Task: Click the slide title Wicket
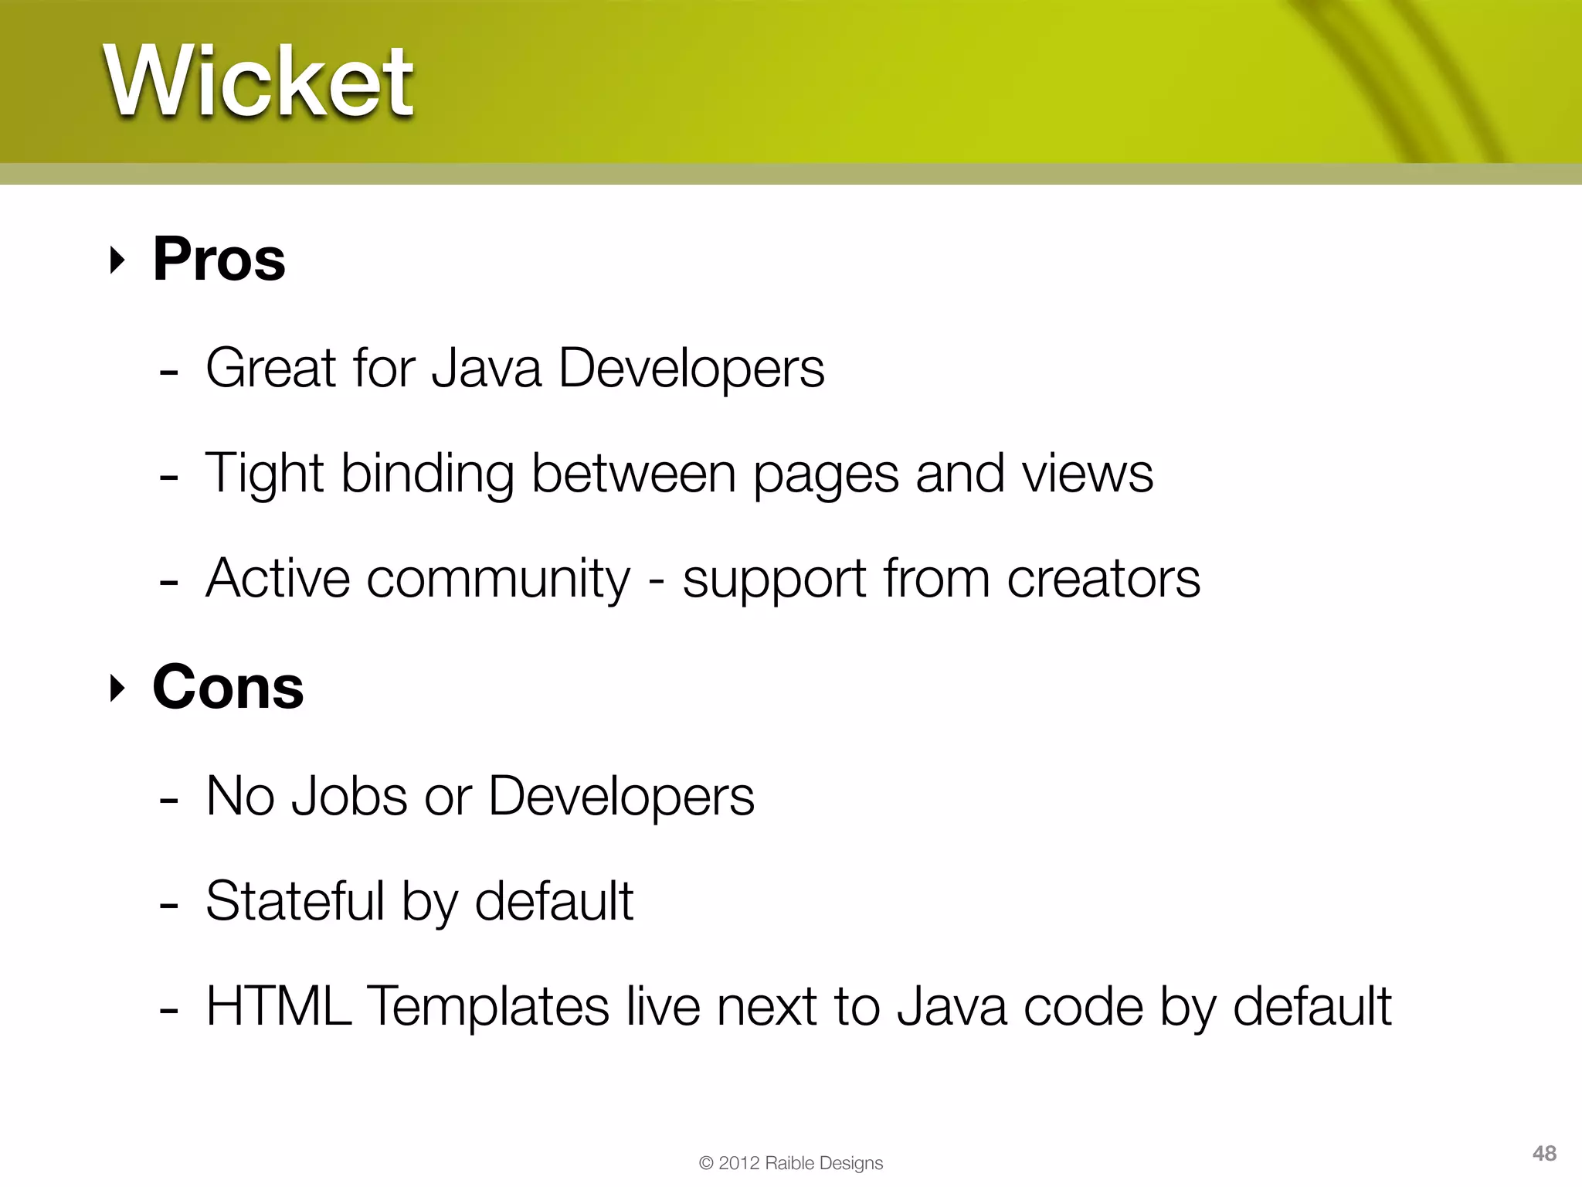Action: (x=259, y=81)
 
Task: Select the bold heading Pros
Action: (x=219, y=259)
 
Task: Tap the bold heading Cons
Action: (x=228, y=687)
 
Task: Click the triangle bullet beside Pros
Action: (x=117, y=260)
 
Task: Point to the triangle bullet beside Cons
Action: (x=117, y=688)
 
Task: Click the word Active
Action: (x=277, y=579)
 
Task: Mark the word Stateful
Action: (x=294, y=901)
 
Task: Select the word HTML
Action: (x=279, y=1006)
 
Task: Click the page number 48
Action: (x=1544, y=1153)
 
